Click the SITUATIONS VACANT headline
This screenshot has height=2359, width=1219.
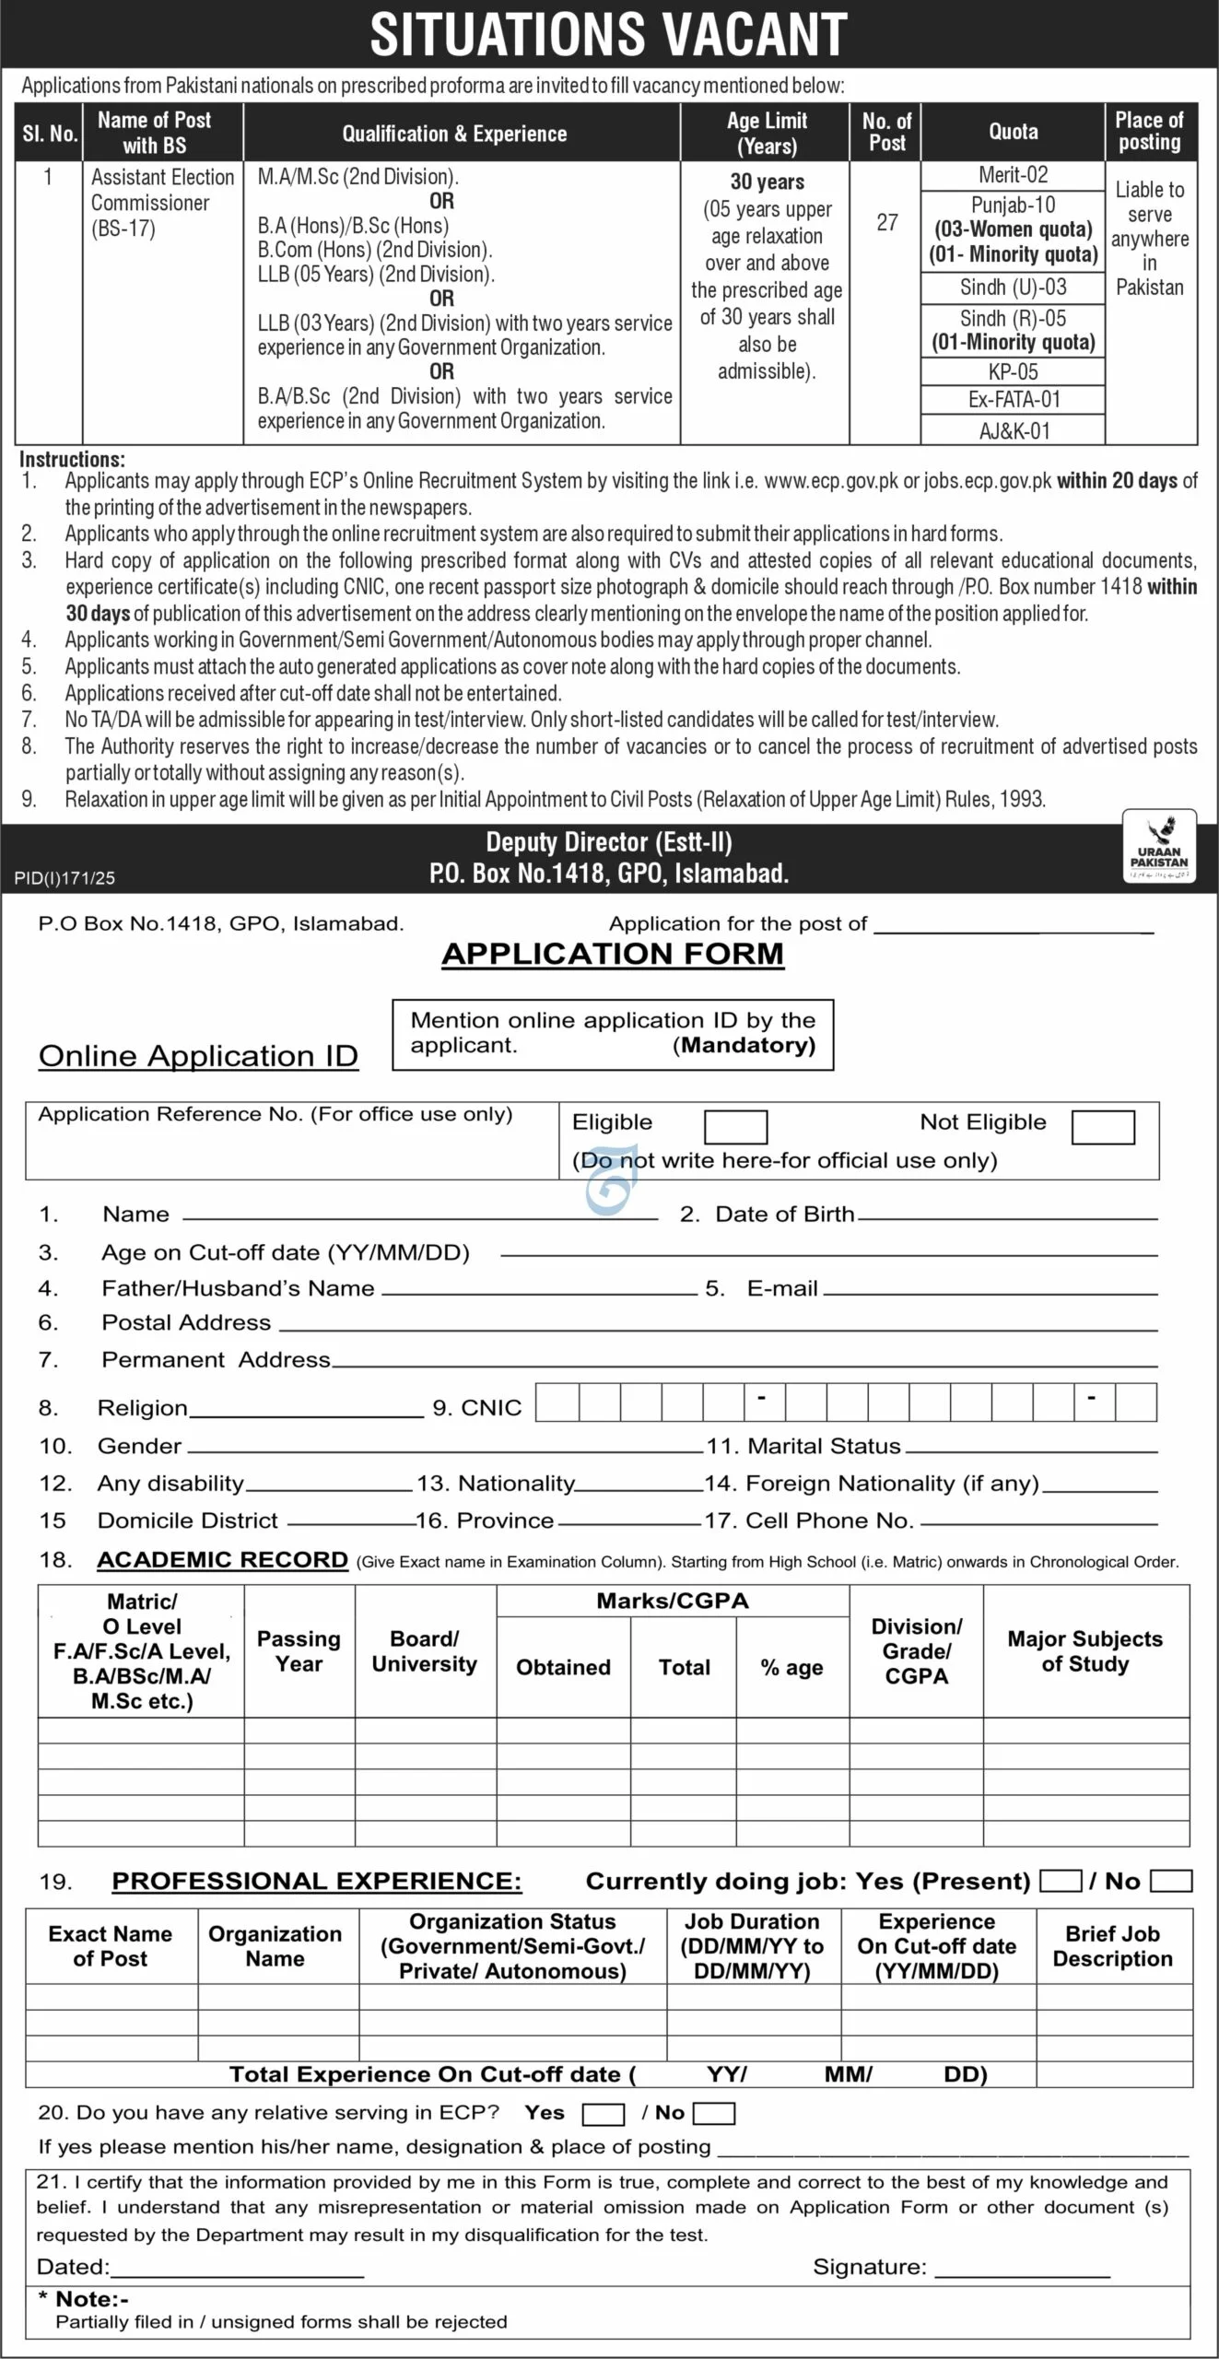pos(608,35)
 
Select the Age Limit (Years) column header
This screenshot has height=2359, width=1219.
pos(766,133)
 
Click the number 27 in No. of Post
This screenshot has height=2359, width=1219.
pos(886,223)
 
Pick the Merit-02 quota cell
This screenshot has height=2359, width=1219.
pos(1013,175)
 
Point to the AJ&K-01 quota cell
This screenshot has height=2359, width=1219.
pos(1014,430)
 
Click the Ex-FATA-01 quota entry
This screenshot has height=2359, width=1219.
pos(1014,400)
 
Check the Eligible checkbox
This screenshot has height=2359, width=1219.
pos(735,1127)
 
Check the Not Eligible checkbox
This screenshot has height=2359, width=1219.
pos(1103,1127)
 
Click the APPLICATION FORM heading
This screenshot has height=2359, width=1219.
pos(613,954)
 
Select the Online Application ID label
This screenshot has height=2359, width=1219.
pos(198,1056)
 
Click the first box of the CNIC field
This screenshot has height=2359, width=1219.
pos(557,1402)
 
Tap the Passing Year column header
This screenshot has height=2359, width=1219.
pos(299,1651)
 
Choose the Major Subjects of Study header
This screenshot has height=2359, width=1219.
pos(1084,1651)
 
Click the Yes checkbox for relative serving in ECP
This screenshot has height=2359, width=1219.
pos(604,2114)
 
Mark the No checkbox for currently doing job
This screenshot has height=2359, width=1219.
pos(1171,1881)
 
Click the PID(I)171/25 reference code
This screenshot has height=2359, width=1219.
pos(64,878)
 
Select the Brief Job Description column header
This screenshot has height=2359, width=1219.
pos(1112,1946)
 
